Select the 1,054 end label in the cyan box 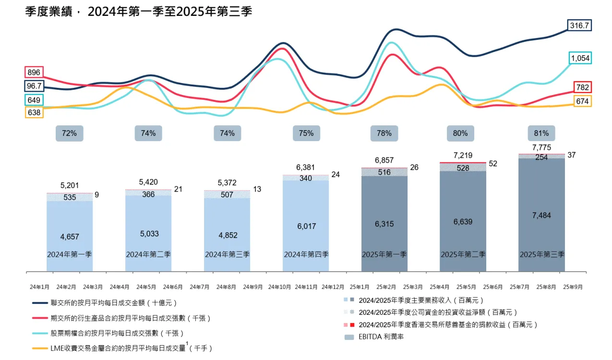[x=580, y=59]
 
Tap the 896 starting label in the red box [x=34, y=72]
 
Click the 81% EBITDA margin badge [x=541, y=133]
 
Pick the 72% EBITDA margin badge [x=70, y=133]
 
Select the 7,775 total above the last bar [x=541, y=147]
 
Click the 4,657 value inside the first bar [x=70, y=236]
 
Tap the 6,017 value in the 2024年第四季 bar [x=306, y=226]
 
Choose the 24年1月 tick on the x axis [x=39, y=287]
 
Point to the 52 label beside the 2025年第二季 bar [x=493, y=164]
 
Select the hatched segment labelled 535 [x=70, y=197]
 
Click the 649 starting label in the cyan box [x=34, y=100]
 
